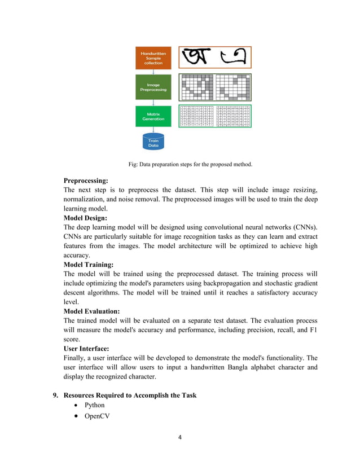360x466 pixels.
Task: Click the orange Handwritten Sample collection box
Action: point(153,58)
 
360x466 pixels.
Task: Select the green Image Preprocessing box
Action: point(153,87)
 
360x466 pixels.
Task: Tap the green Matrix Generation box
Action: point(153,116)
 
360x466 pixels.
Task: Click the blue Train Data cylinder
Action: point(153,142)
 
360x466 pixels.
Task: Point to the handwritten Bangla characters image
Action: point(214,58)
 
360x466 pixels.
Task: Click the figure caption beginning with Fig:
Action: point(190,165)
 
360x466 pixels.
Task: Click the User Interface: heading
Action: point(90,349)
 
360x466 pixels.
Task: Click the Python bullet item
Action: point(94,405)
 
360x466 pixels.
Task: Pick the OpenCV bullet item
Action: point(97,416)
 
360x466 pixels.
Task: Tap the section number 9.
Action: point(55,395)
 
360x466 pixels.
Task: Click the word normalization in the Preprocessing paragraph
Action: point(90,200)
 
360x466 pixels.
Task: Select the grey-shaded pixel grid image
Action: point(214,87)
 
